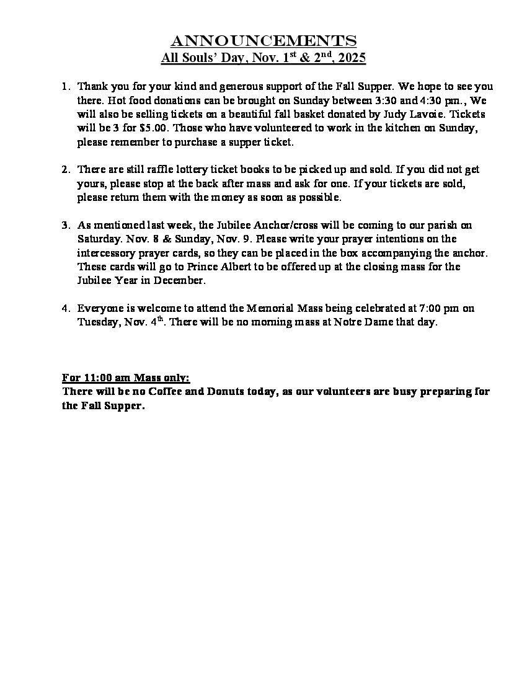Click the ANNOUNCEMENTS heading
263,42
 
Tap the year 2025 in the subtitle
352,59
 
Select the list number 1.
66,87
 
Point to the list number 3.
66,225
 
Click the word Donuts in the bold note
210,392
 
